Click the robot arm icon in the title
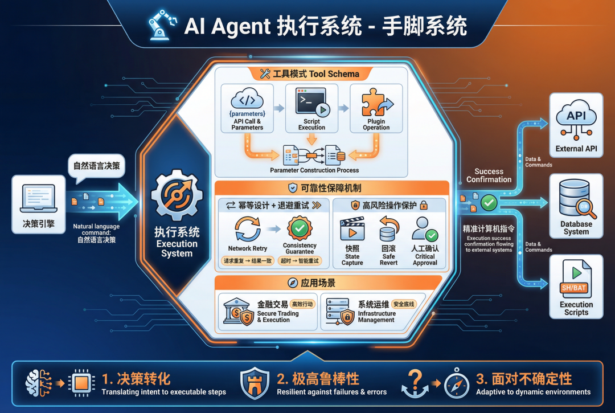pyautogui.click(x=162, y=26)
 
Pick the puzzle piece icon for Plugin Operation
pyautogui.click(x=375, y=103)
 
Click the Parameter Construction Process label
pyautogui.click(x=314, y=170)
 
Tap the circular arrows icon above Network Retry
pyautogui.click(x=247, y=229)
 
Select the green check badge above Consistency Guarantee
pyautogui.click(x=300, y=228)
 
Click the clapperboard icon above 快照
pyautogui.click(x=351, y=230)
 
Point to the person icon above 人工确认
pyautogui.click(x=424, y=230)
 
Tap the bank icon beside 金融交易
pyautogui.click(x=239, y=312)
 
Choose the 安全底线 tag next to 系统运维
pyautogui.click(x=404, y=304)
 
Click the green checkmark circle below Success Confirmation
pyautogui.click(x=489, y=202)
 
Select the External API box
pyautogui.click(x=576, y=124)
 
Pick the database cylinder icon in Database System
pyautogui.click(x=572, y=196)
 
